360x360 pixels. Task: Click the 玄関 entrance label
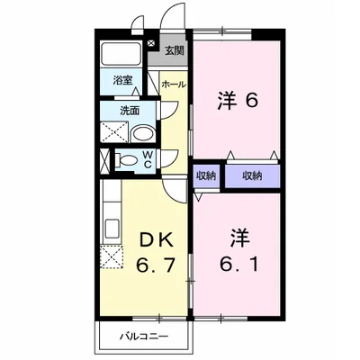(175, 50)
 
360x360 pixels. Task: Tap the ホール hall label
(174, 84)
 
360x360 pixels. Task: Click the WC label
(148, 160)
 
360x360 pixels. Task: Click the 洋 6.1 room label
(238, 256)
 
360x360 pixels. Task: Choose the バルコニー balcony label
(141, 337)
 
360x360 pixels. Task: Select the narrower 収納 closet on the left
(205, 174)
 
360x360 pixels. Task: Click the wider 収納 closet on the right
(252, 174)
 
